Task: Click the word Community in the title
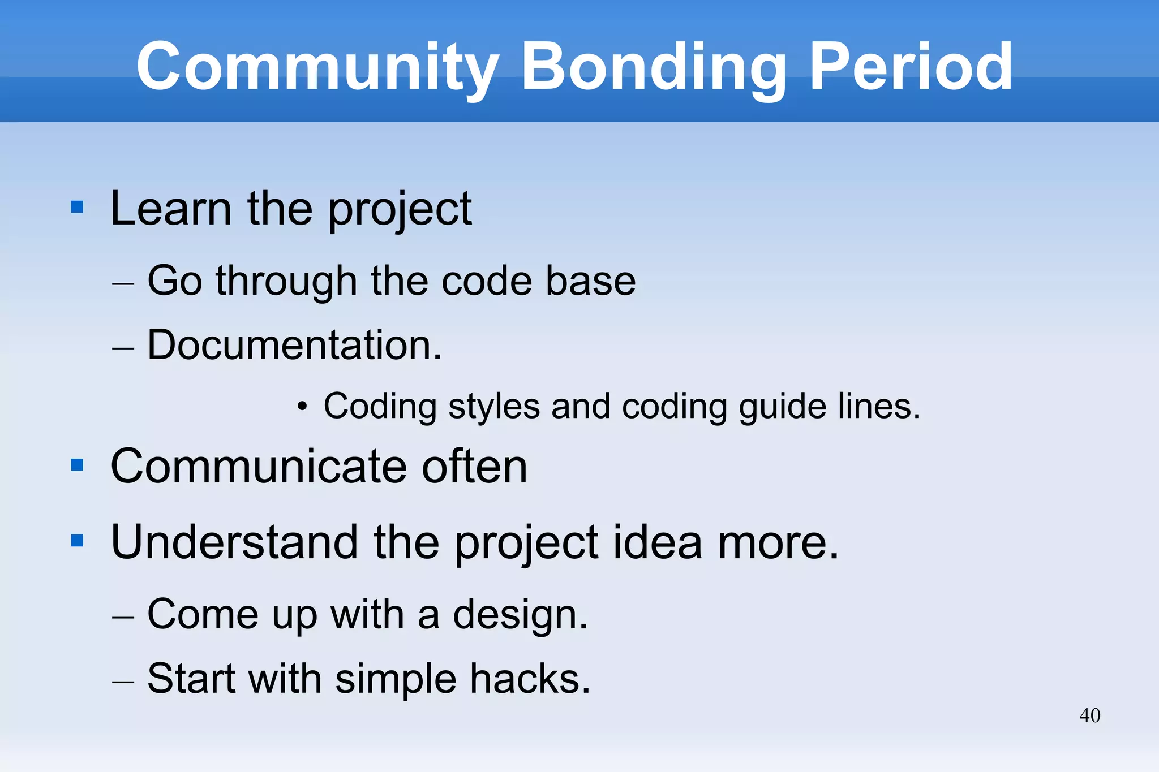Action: click(x=317, y=68)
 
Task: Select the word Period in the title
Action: click(x=911, y=68)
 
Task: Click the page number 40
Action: click(x=1089, y=715)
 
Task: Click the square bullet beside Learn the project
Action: click(x=77, y=207)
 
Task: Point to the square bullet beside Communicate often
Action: click(x=77, y=465)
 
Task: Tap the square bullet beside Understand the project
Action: click(x=77, y=541)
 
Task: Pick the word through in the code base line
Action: click(x=286, y=281)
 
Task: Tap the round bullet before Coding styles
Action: click(x=303, y=406)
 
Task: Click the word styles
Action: click(x=493, y=407)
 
